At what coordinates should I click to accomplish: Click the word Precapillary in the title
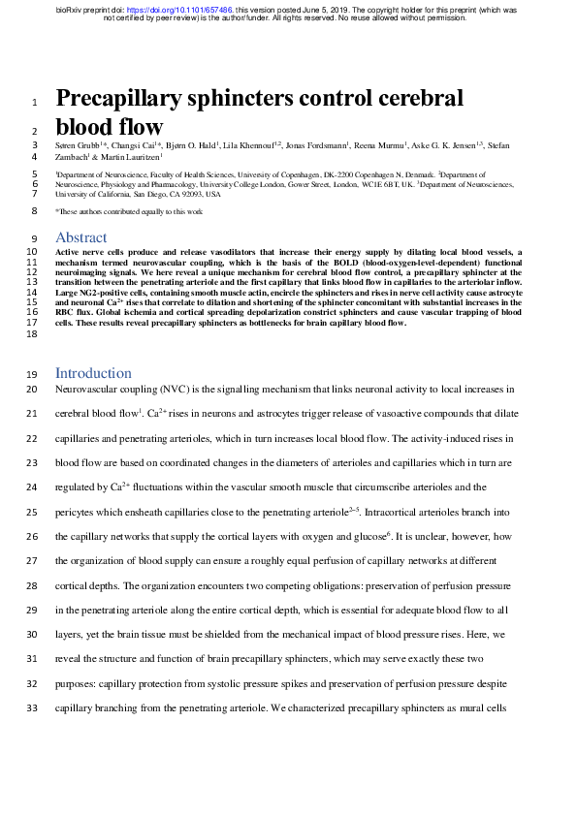(x=125, y=99)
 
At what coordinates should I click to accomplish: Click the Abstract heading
(x=81, y=237)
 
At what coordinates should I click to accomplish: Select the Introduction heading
(x=93, y=373)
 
